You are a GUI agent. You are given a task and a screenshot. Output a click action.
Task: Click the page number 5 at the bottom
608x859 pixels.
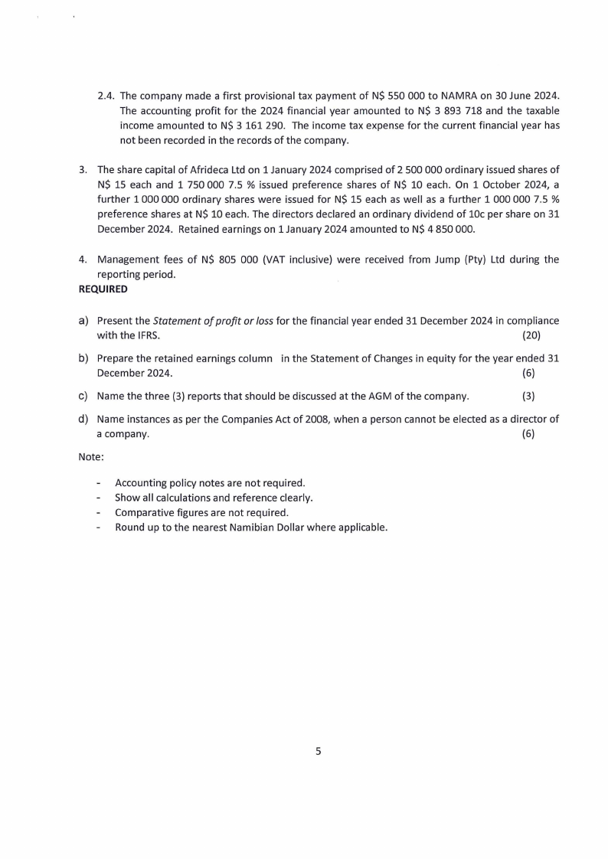[x=319, y=751]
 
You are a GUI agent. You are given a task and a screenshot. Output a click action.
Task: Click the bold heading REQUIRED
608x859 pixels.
[x=103, y=289]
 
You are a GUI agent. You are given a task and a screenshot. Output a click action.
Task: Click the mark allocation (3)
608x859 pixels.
[x=528, y=396]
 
